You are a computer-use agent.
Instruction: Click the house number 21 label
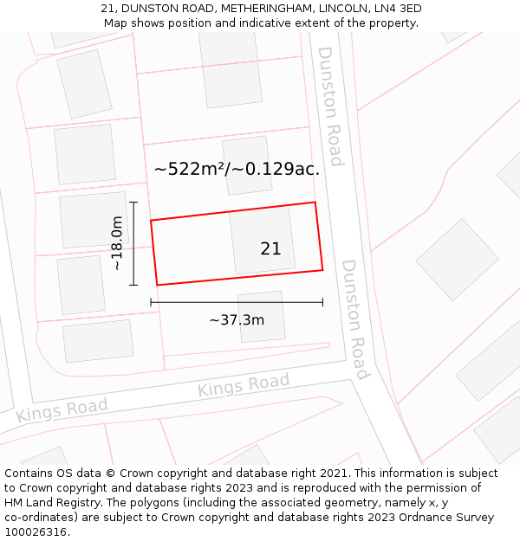pos(270,248)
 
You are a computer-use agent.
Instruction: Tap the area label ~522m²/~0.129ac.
pos(237,170)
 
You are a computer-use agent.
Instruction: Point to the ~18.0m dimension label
pos(117,244)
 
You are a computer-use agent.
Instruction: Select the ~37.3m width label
pos(237,320)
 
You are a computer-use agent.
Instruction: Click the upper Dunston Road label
pos(330,106)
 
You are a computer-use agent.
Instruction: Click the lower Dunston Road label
pos(355,319)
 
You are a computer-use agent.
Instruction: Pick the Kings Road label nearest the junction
pos(244,386)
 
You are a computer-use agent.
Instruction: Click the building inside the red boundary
pos(262,241)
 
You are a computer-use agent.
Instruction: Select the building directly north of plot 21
pos(247,165)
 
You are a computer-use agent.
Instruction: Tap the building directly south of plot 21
pos(262,316)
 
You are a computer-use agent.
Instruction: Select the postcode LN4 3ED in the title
pos(393,9)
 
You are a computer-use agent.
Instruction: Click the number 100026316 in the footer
pos(36,532)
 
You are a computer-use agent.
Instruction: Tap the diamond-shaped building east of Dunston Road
pos(457,259)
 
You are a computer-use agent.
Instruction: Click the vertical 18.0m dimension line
pos(133,243)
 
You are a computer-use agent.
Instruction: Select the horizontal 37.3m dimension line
pos(237,302)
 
